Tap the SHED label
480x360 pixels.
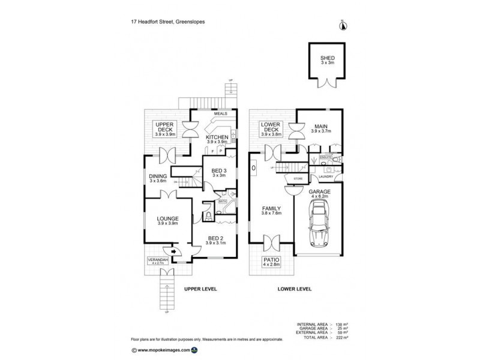pos(327,59)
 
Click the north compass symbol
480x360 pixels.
pos(344,25)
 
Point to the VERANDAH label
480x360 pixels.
pos(158,260)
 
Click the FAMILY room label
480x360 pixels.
pos(271,211)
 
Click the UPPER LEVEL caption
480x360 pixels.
pos(200,289)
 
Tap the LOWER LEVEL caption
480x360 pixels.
pos(294,289)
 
